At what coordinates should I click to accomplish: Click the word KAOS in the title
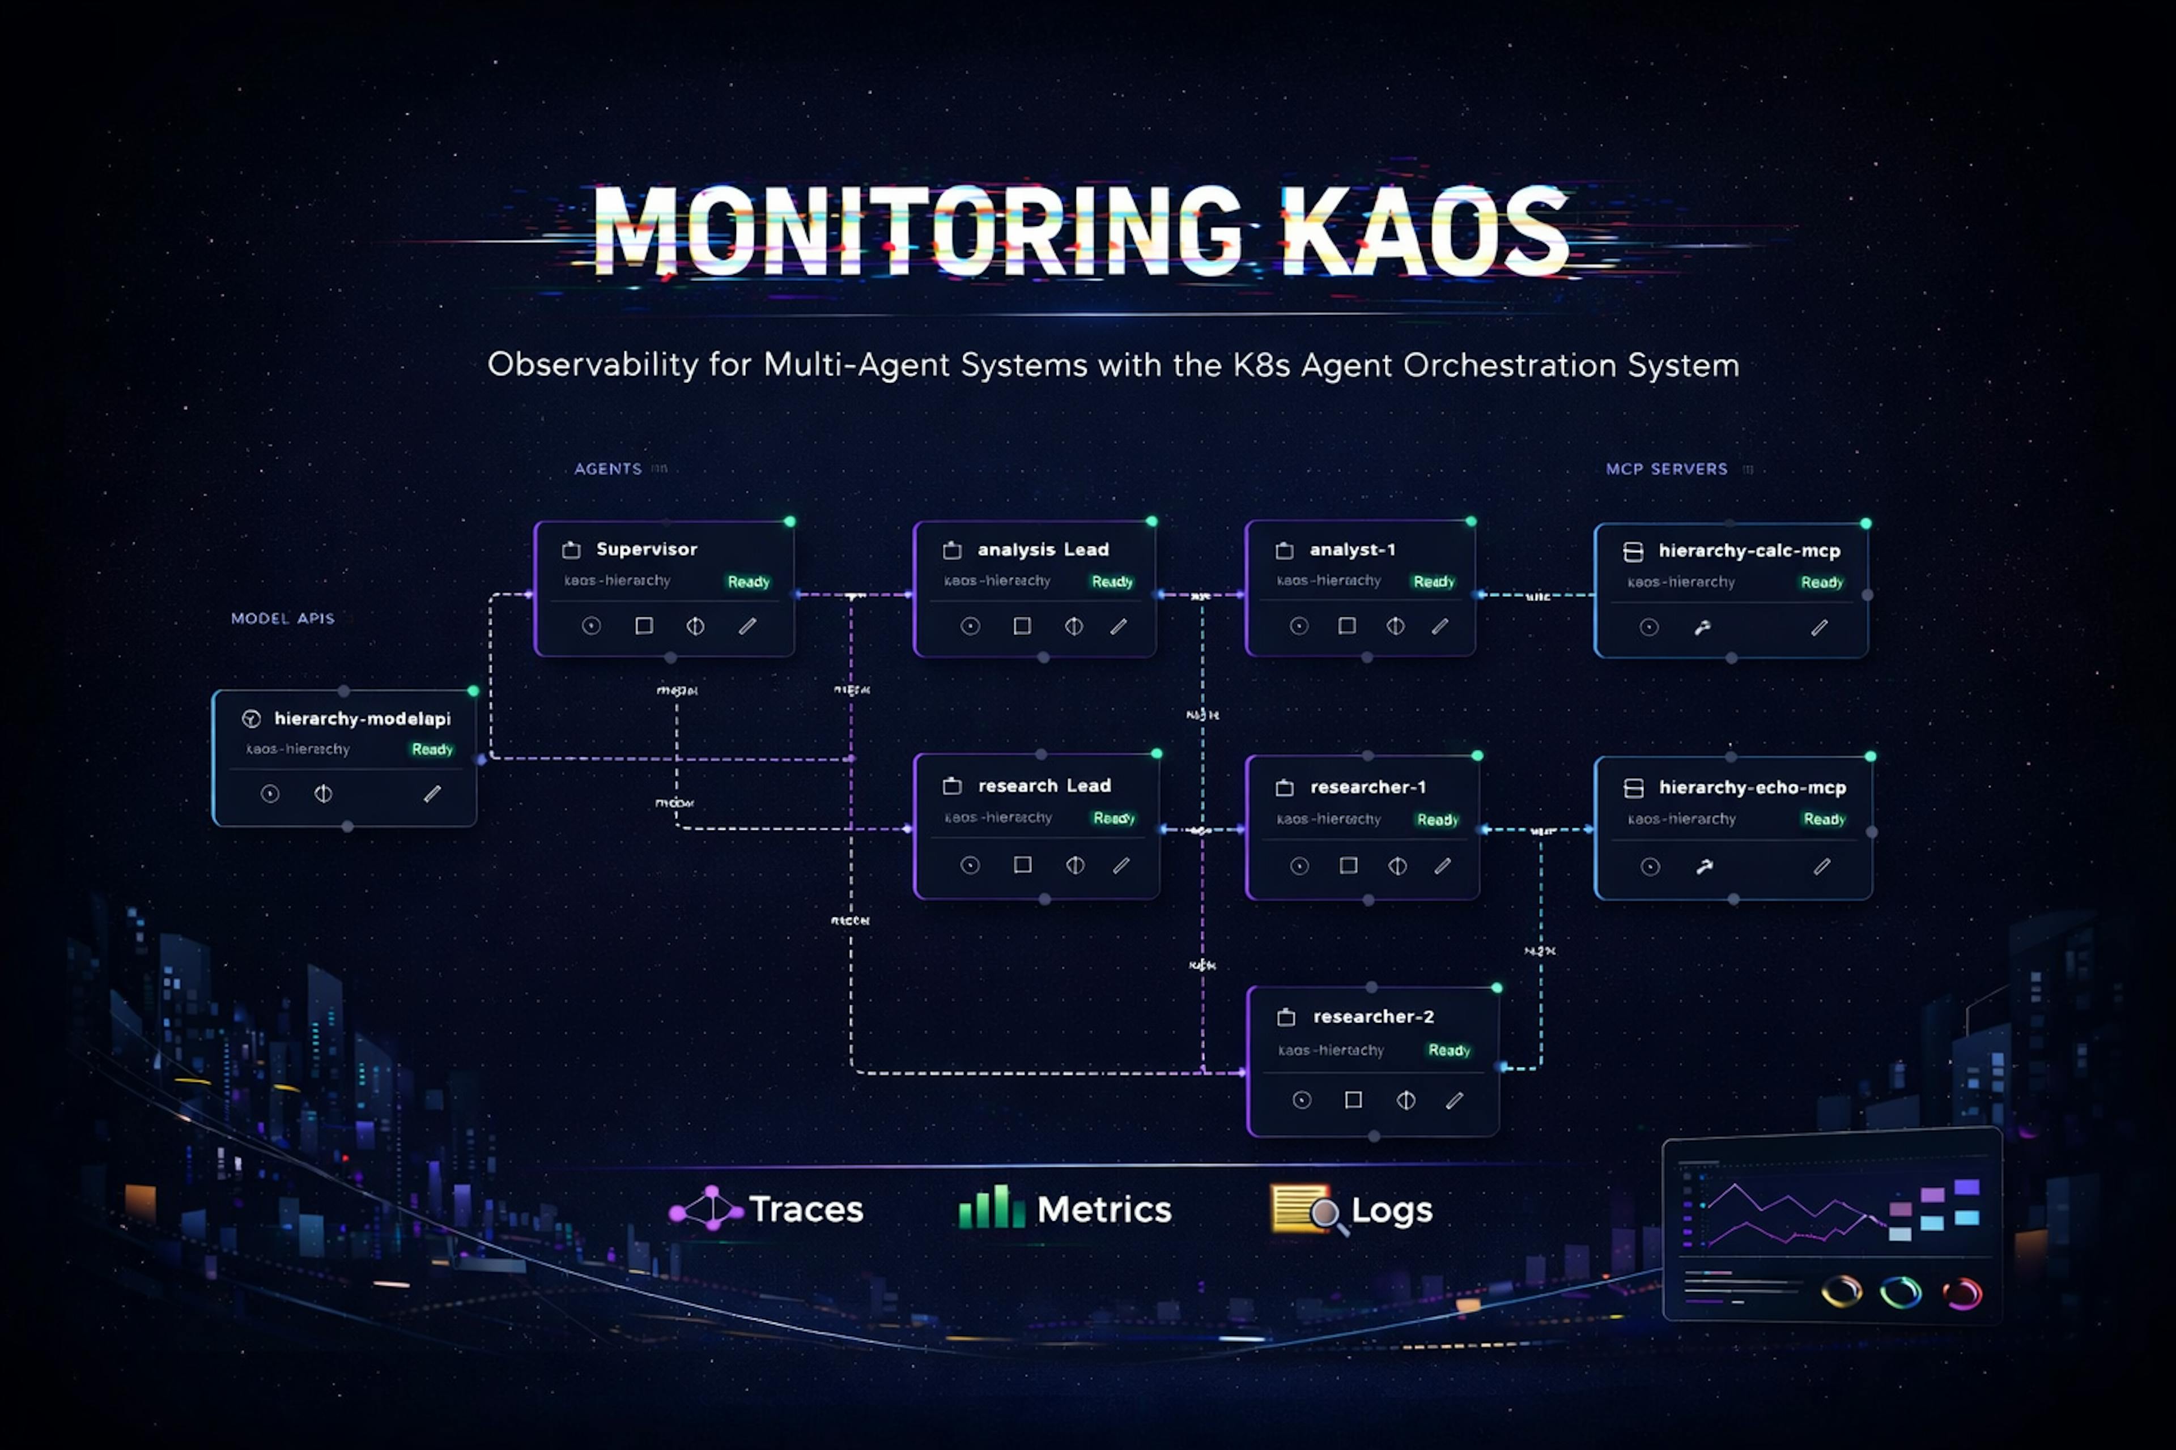[1425, 231]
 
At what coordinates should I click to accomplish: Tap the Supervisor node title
[646, 549]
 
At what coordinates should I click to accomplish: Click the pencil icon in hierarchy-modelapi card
[432, 794]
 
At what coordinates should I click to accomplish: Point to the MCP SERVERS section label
[1666, 469]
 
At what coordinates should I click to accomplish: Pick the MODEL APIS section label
[282, 618]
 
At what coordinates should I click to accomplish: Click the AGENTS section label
[608, 469]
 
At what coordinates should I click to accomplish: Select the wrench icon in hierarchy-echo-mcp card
[1704, 867]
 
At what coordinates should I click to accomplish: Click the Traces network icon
[706, 1209]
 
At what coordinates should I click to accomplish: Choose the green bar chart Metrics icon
[991, 1208]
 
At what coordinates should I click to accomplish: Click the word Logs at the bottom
[1392, 1210]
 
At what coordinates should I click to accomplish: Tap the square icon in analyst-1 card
[1347, 626]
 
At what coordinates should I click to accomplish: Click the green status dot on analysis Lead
[1152, 522]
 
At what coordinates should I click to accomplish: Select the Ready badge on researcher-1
[1437, 820]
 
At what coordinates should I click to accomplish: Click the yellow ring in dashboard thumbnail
[1841, 1291]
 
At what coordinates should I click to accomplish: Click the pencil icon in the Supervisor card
[747, 626]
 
